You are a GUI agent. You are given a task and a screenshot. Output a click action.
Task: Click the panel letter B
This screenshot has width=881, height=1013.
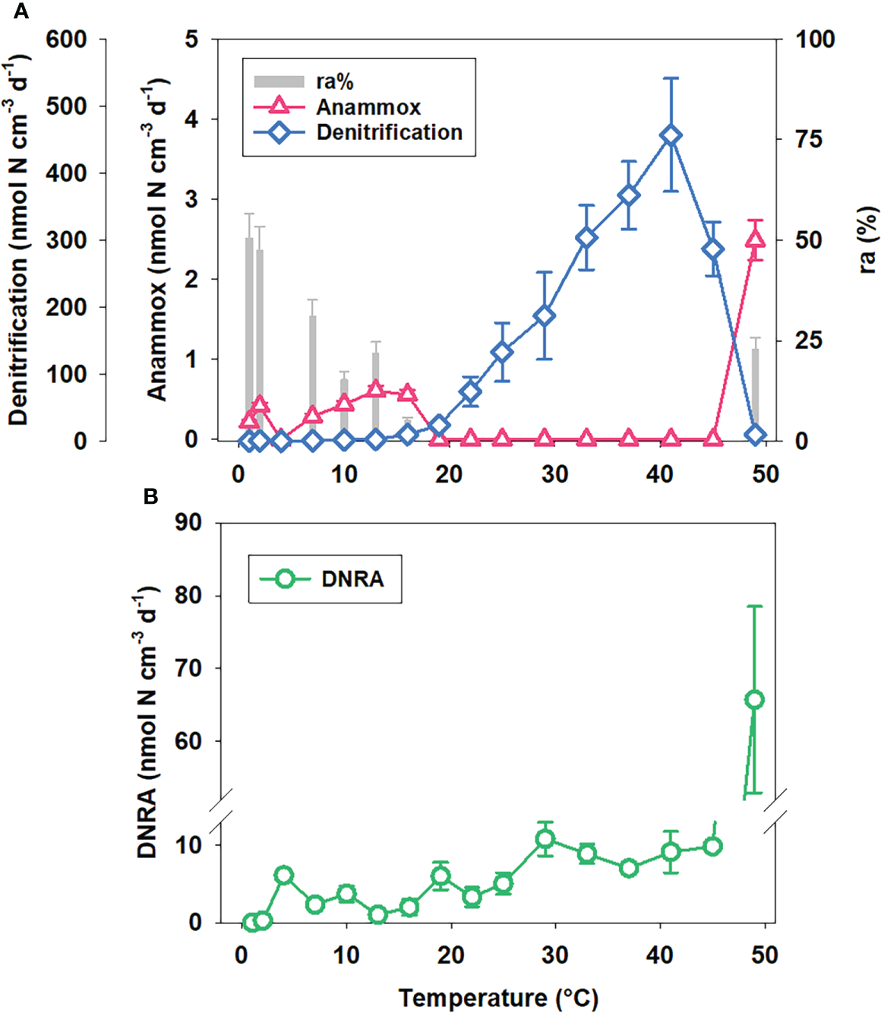click(150, 497)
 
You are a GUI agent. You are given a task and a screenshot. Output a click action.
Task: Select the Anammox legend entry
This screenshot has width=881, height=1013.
click(368, 107)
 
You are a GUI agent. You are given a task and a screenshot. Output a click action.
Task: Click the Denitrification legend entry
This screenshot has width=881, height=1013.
click(389, 132)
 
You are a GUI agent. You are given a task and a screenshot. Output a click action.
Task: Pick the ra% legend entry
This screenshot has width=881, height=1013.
click(334, 81)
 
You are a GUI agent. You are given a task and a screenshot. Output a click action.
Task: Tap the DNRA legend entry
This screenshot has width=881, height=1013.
click(352, 579)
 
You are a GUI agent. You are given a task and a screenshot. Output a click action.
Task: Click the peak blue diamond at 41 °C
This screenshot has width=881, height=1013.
click(670, 136)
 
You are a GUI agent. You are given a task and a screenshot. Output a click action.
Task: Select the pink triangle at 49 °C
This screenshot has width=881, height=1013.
click(754, 239)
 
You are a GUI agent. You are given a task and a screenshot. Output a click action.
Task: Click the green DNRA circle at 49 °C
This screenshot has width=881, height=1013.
click(754, 699)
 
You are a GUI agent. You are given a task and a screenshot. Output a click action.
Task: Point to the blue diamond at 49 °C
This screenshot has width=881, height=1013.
click(754, 435)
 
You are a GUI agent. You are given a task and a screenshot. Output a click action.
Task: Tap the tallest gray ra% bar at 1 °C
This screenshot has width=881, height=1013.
click(249, 334)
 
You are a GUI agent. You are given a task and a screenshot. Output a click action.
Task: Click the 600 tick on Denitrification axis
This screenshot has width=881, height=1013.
click(66, 40)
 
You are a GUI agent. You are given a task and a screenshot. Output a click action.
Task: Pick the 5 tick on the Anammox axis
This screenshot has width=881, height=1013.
click(193, 40)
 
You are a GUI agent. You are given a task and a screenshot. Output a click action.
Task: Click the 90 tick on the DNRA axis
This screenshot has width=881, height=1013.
click(188, 523)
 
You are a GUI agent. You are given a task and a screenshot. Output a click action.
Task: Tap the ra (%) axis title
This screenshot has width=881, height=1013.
click(867, 239)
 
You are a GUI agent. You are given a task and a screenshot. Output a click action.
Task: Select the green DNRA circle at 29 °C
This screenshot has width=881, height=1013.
click(545, 839)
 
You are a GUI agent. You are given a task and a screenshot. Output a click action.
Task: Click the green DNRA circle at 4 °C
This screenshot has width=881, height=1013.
click(284, 875)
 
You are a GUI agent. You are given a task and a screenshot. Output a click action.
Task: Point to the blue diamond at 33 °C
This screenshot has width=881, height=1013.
click(586, 238)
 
